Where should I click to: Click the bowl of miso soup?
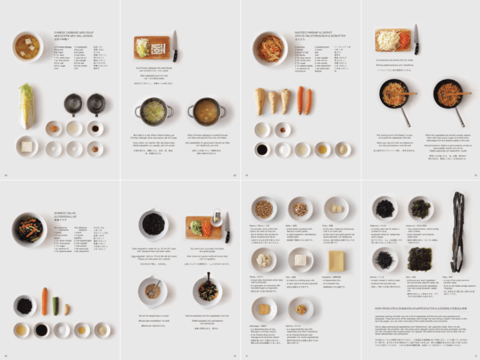pos(27,46)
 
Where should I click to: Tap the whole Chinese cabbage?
pos(26,106)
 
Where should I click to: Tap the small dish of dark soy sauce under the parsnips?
pos(262,149)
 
